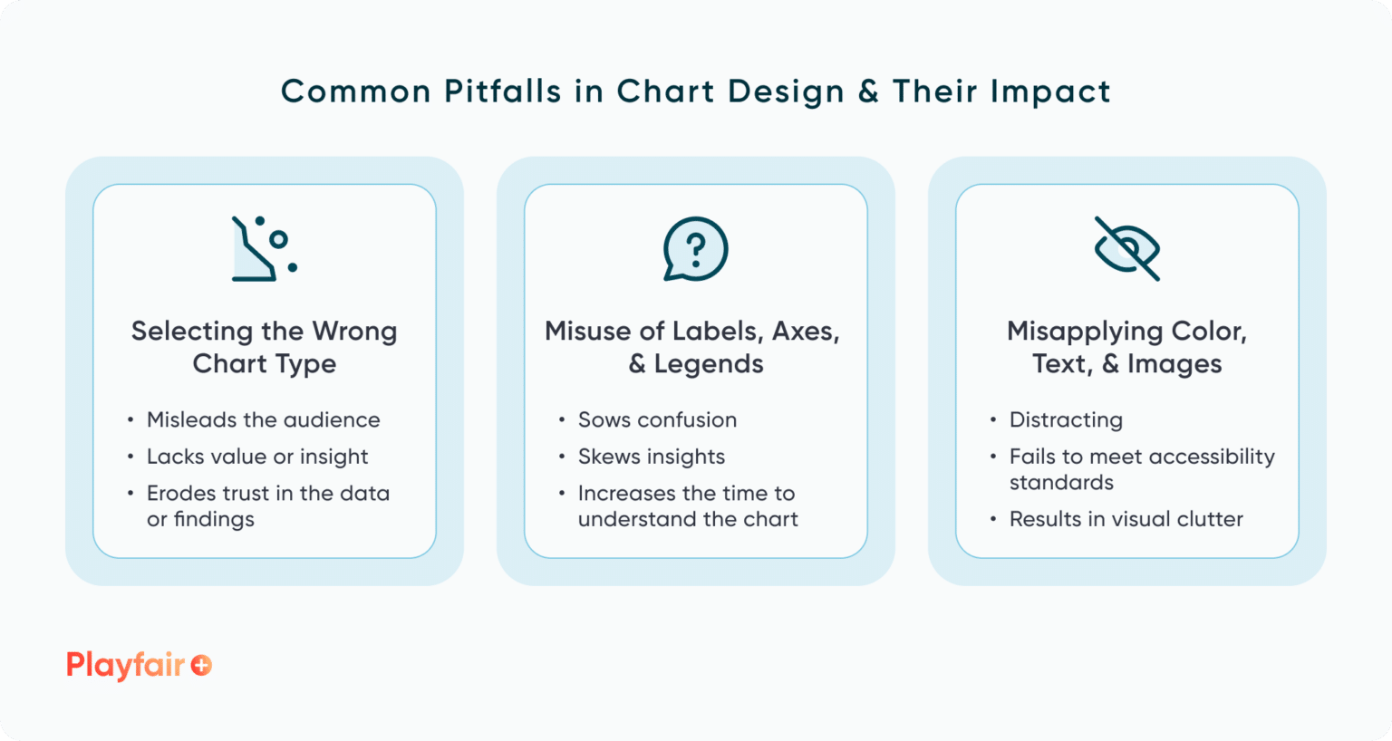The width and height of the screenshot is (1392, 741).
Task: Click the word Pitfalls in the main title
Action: pos(502,91)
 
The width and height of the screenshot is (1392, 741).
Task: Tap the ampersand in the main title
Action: pos(868,91)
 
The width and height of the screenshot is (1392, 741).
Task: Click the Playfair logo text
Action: pos(125,666)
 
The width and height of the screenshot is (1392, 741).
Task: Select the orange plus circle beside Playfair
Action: pos(201,666)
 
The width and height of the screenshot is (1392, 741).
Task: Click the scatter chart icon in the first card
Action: pos(264,248)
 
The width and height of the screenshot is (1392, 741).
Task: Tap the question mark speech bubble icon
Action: pos(695,248)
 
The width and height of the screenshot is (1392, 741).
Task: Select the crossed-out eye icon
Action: pos(1126,248)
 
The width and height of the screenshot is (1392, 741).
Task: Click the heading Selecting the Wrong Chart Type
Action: pos(264,347)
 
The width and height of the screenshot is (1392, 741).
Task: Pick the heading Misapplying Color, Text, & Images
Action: pos(1126,347)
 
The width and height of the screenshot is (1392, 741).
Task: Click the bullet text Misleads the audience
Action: pos(263,420)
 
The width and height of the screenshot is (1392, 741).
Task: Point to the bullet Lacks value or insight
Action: pos(257,457)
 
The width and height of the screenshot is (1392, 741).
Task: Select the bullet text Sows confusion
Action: pos(657,420)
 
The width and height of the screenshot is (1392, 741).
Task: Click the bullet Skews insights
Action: pos(652,457)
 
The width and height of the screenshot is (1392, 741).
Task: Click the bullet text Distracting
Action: pos(1066,420)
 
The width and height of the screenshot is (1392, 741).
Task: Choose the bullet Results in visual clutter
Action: pos(1126,519)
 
